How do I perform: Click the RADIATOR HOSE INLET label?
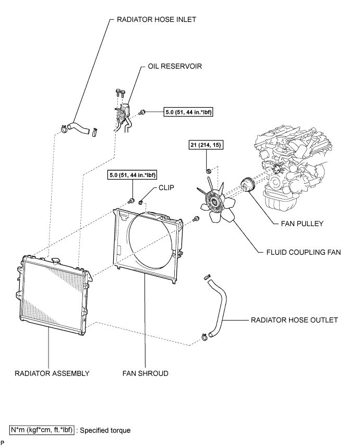tap(157, 19)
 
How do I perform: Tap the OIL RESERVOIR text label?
tap(175, 66)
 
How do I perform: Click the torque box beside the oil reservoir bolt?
tap(188, 112)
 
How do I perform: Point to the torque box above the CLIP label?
tap(133, 174)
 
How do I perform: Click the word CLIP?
tap(166, 187)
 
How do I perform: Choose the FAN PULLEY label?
tap(302, 224)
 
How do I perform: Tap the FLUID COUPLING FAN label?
tap(304, 252)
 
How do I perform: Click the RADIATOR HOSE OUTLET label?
tap(294, 320)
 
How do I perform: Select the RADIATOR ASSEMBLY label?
tap(52, 373)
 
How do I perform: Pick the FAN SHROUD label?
tap(145, 373)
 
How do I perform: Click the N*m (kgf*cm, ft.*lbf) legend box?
tap(42, 430)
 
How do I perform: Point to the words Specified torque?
tap(105, 430)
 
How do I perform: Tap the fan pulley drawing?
tap(248, 185)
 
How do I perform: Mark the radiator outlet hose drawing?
tap(217, 308)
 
